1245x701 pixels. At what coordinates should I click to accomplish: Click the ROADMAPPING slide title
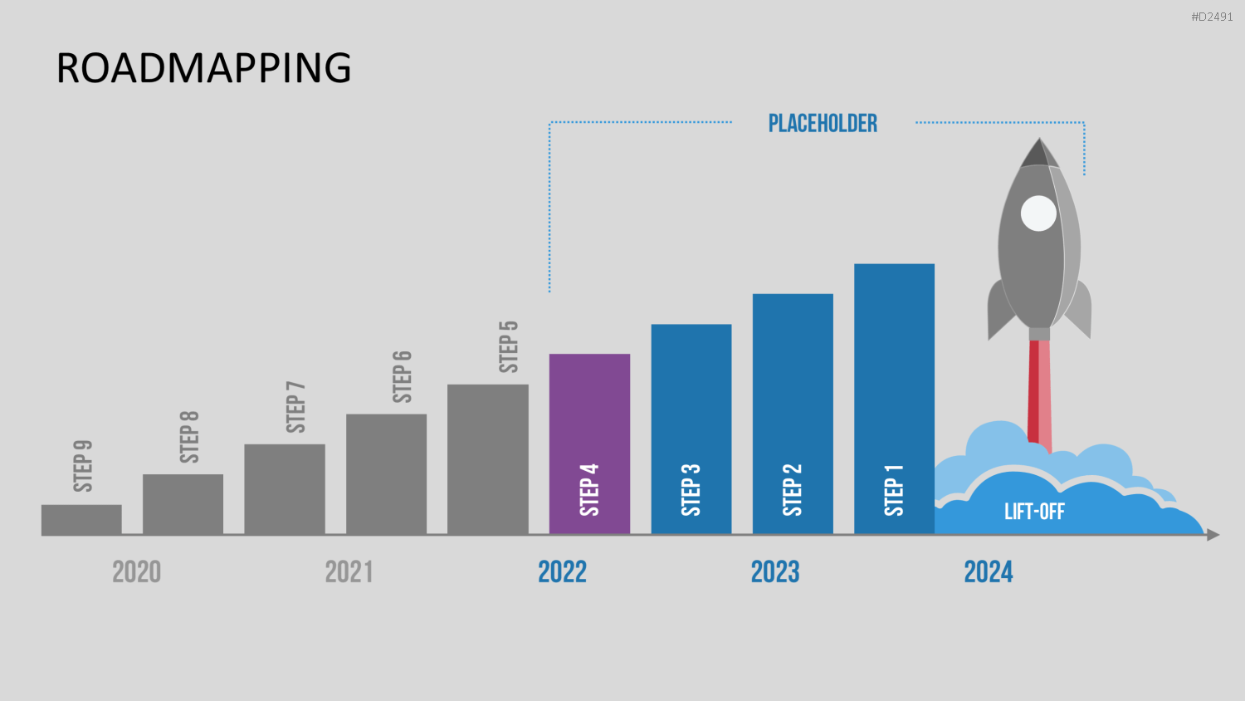pos(203,68)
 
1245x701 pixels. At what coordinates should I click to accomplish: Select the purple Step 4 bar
pos(589,444)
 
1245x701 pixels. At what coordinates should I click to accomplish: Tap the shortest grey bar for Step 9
pos(81,520)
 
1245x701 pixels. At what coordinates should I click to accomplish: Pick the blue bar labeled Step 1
pos(894,399)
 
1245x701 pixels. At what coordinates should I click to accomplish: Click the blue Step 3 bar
pos(691,429)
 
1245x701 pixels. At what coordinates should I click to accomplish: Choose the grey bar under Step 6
pos(386,474)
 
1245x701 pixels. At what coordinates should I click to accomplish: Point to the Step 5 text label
pos(509,347)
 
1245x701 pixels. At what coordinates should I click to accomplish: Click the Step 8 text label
pos(189,437)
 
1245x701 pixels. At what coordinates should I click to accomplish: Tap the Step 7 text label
pos(295,407)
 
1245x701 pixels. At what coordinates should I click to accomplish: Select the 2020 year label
pos(137,572)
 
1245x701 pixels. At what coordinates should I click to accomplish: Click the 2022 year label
pos(563,572)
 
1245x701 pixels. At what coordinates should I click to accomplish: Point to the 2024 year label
pos(989,572)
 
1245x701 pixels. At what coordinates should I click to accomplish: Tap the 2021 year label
pos(349,572)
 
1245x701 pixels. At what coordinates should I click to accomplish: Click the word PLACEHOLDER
pos(823,124)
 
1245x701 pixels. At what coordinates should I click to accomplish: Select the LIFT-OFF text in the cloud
pos(1034,512)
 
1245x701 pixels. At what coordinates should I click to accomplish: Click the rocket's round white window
pos(1038,213)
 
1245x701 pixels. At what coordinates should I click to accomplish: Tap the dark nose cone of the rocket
pos(1039,153)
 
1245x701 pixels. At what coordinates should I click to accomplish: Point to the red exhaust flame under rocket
pos(1039,395)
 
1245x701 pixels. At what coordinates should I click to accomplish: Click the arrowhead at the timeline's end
pos(1213,535)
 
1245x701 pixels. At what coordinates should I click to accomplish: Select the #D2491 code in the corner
pos(1212,17)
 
